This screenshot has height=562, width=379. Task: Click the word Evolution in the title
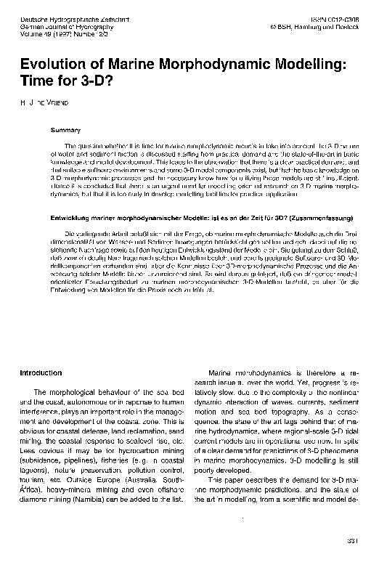click(x=52, y=65)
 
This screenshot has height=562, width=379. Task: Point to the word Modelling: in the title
click(x=308, y=65)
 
